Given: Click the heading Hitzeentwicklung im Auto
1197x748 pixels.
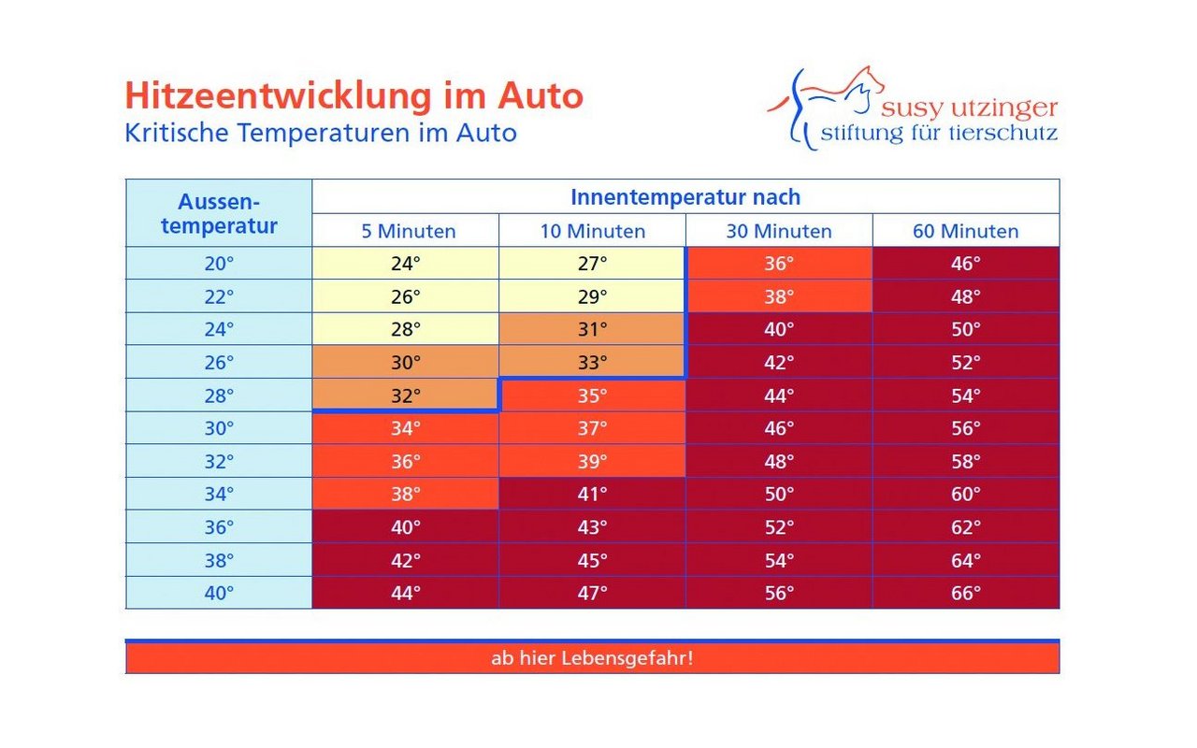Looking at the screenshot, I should pyautogui.click(x=353, y=96).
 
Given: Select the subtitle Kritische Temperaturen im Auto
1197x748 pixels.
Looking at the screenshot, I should pyautogui.click(x=320, y=133).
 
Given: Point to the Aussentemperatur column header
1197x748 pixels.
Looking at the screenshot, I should pyautogui.click(x=219, y=214).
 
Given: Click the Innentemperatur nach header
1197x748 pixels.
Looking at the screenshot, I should pyautogui.click(x=685, y=197).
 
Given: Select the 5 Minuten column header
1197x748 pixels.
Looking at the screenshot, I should pyautogui.click(x=406, y=231).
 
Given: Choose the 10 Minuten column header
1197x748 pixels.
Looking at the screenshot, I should pyautogui.click(x=592, y=231).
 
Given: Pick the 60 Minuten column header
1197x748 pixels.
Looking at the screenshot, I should pyautogui.click(x=966, y=231).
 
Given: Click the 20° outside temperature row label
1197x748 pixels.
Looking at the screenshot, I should pyautogui.click(x=219, y=264).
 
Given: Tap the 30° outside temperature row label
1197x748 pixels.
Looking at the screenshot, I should pyautogui.click(x=219, y=428).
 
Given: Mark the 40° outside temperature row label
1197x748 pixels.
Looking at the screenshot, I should pyautogui.click(x=219, y=593).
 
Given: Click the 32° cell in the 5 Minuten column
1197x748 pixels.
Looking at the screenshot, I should pyautogui.click(x=406, y=396).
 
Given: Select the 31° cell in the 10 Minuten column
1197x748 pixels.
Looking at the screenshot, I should pyautogui.click(x=592, y=329).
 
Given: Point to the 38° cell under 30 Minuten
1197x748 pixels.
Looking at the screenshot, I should pyautogui.click(x=779, y=296).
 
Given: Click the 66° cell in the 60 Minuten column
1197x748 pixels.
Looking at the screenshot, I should pyautogui.click(x=966, y=593).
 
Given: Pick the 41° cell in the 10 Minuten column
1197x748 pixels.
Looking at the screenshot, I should pyautogui.click(x=592, y=494).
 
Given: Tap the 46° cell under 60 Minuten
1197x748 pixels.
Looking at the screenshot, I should pyautogui.click(x=966, y=264).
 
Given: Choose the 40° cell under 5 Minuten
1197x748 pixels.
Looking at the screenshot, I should pyautogui.click(x=406, y=527).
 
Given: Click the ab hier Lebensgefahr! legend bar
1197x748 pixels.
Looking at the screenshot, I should pyautogui.click(x=592, y=658).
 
